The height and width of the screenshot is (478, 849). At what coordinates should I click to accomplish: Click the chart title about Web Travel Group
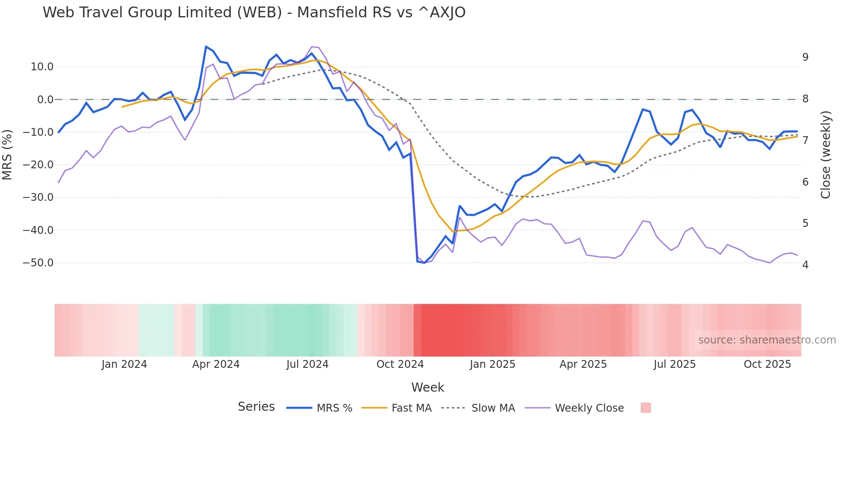click(x=254, y=13)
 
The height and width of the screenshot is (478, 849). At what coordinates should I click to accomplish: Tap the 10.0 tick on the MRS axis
click(x=42, y=67)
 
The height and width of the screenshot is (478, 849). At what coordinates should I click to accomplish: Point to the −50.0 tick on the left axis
click(x=38, y=263)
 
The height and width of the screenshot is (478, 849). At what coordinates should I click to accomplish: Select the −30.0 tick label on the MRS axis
click(x=38, y=197)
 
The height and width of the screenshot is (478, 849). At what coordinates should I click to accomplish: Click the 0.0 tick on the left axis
click(x=45, y=100)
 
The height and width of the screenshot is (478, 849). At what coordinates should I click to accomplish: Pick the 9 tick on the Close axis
click(x=805, y=57)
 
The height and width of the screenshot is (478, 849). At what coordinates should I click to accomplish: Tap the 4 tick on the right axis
click(x=805, y=265)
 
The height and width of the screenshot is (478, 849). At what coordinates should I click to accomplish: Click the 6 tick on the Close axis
click(x=805, y=182)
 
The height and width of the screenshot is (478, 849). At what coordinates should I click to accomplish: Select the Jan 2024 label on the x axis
click(x=124, y=364)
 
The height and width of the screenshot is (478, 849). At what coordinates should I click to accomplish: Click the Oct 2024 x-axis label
click(x=400, y=364)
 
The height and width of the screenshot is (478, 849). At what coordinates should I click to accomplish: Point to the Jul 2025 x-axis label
click(x=674, y=364)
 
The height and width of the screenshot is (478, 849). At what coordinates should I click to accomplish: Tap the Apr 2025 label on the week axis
click(x=583, y=364)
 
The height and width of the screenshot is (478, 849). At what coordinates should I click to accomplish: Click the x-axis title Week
click(x=428, y=387)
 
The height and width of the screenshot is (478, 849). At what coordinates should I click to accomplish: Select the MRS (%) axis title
click(x=7, y=154)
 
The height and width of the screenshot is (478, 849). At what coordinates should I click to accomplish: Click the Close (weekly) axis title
click(x=826, y=154)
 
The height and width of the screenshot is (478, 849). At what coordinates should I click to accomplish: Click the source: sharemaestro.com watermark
click(x=767, y=340)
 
